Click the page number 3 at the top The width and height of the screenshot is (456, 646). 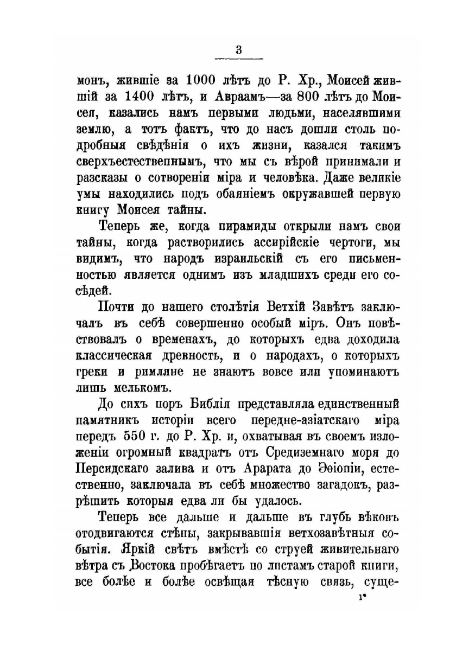[239, 49]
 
